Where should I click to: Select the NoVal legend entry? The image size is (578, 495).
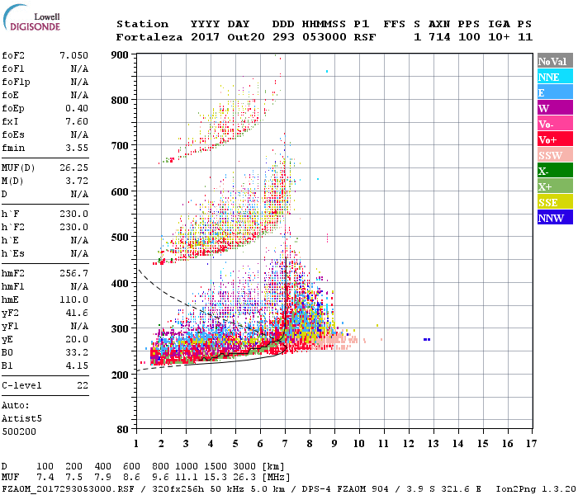click(x=554, y=61)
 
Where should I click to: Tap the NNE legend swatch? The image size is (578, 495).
click(x=554, y=77)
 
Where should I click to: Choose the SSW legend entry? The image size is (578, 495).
click(x=554, y=155)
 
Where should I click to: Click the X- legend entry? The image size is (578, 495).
click(x=554, y=171)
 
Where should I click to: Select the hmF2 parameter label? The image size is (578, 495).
click(x=14, y=272)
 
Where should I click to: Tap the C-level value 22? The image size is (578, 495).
click(x=82, y=385)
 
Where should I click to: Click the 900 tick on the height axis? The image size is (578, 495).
click(x=121, y=54)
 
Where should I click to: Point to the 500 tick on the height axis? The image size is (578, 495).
click(x=121, y=238)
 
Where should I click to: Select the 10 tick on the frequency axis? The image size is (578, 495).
click(x=358, y=444)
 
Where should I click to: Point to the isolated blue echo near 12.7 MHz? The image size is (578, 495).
click(x=427, y=339)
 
